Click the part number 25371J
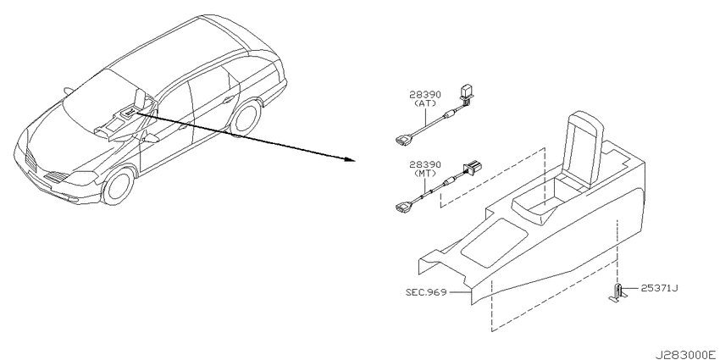click(659, 288)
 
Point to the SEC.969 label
click(426, 291)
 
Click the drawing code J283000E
click(685, 355)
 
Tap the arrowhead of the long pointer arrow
click(351, 159)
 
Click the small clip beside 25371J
click(618, 293)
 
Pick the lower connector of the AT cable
click(402, 138)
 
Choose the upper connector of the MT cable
click(473, 169)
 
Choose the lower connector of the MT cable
click(402, 208)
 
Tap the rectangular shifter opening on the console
click(494, 242)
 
